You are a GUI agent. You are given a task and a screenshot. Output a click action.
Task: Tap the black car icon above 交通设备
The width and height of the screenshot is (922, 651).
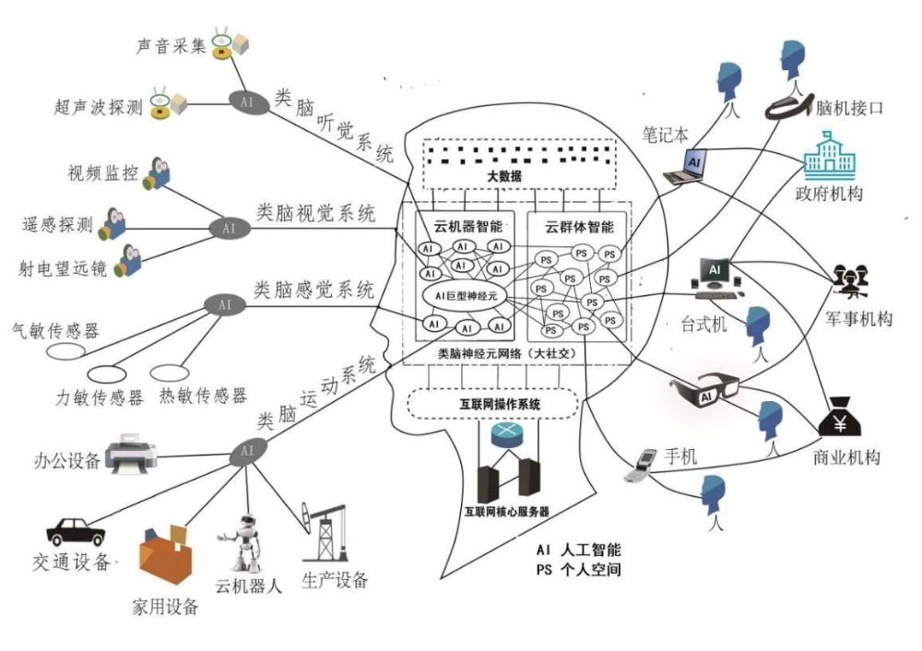(x=77, y=531)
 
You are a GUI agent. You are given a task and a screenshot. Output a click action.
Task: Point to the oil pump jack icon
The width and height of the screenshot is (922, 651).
(x=324, y=537)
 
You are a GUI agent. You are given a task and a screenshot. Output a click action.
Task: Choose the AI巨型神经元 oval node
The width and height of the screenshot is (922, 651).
(x=465, y=295)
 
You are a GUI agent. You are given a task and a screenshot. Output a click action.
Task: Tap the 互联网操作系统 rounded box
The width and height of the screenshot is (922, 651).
(x=492, y=404)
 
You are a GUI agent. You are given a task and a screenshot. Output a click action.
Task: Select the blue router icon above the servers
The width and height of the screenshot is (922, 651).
(x=506, y=435)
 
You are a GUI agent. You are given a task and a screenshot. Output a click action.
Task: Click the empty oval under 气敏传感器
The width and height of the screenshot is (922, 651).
(x=66, y=351)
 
